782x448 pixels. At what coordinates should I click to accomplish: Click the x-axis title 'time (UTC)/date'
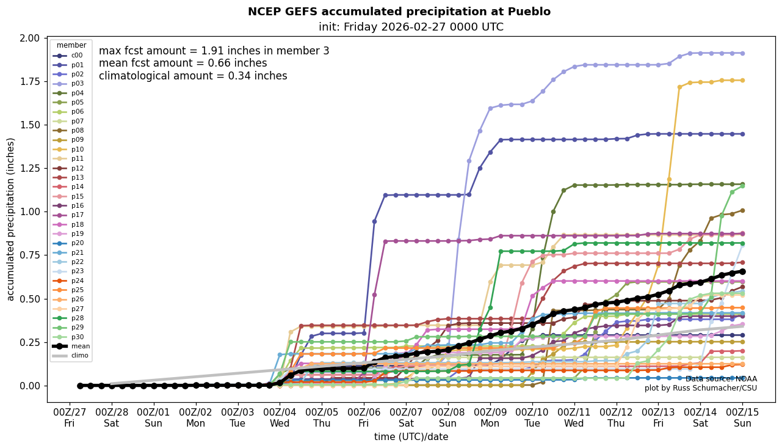click(411, 437)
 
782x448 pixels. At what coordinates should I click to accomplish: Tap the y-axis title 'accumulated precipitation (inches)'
click(10, 219)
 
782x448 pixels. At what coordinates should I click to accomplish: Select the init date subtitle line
click(411, 27)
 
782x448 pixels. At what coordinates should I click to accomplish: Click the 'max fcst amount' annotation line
click(214, 51)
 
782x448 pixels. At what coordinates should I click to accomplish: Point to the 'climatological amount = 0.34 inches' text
click(193, 76)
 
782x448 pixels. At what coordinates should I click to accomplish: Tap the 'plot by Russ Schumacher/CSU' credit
click(700, 388)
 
